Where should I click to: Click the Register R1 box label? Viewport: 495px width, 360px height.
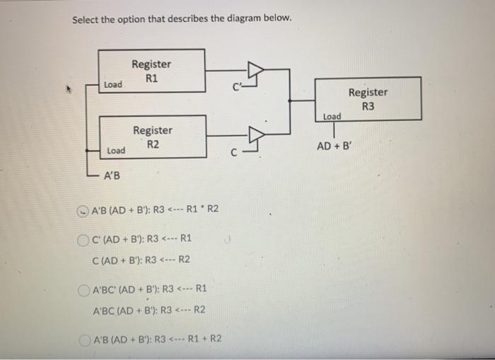coord(151,70)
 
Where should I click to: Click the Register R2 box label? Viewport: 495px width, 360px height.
coord(152,137)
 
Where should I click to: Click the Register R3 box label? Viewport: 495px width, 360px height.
coord(368,99)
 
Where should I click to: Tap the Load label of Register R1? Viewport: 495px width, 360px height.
coord(112,85)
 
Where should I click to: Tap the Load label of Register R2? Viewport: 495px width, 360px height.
coord(116,151)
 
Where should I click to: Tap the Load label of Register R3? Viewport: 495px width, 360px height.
coord(332,116)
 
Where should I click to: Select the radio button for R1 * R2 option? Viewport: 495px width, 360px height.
coord(83,209)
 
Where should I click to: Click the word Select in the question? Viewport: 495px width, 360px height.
coord(87,18)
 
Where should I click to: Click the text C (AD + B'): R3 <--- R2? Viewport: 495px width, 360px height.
coord(141,259)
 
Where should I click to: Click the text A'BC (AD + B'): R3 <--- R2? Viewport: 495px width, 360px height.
coord(149,309)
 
